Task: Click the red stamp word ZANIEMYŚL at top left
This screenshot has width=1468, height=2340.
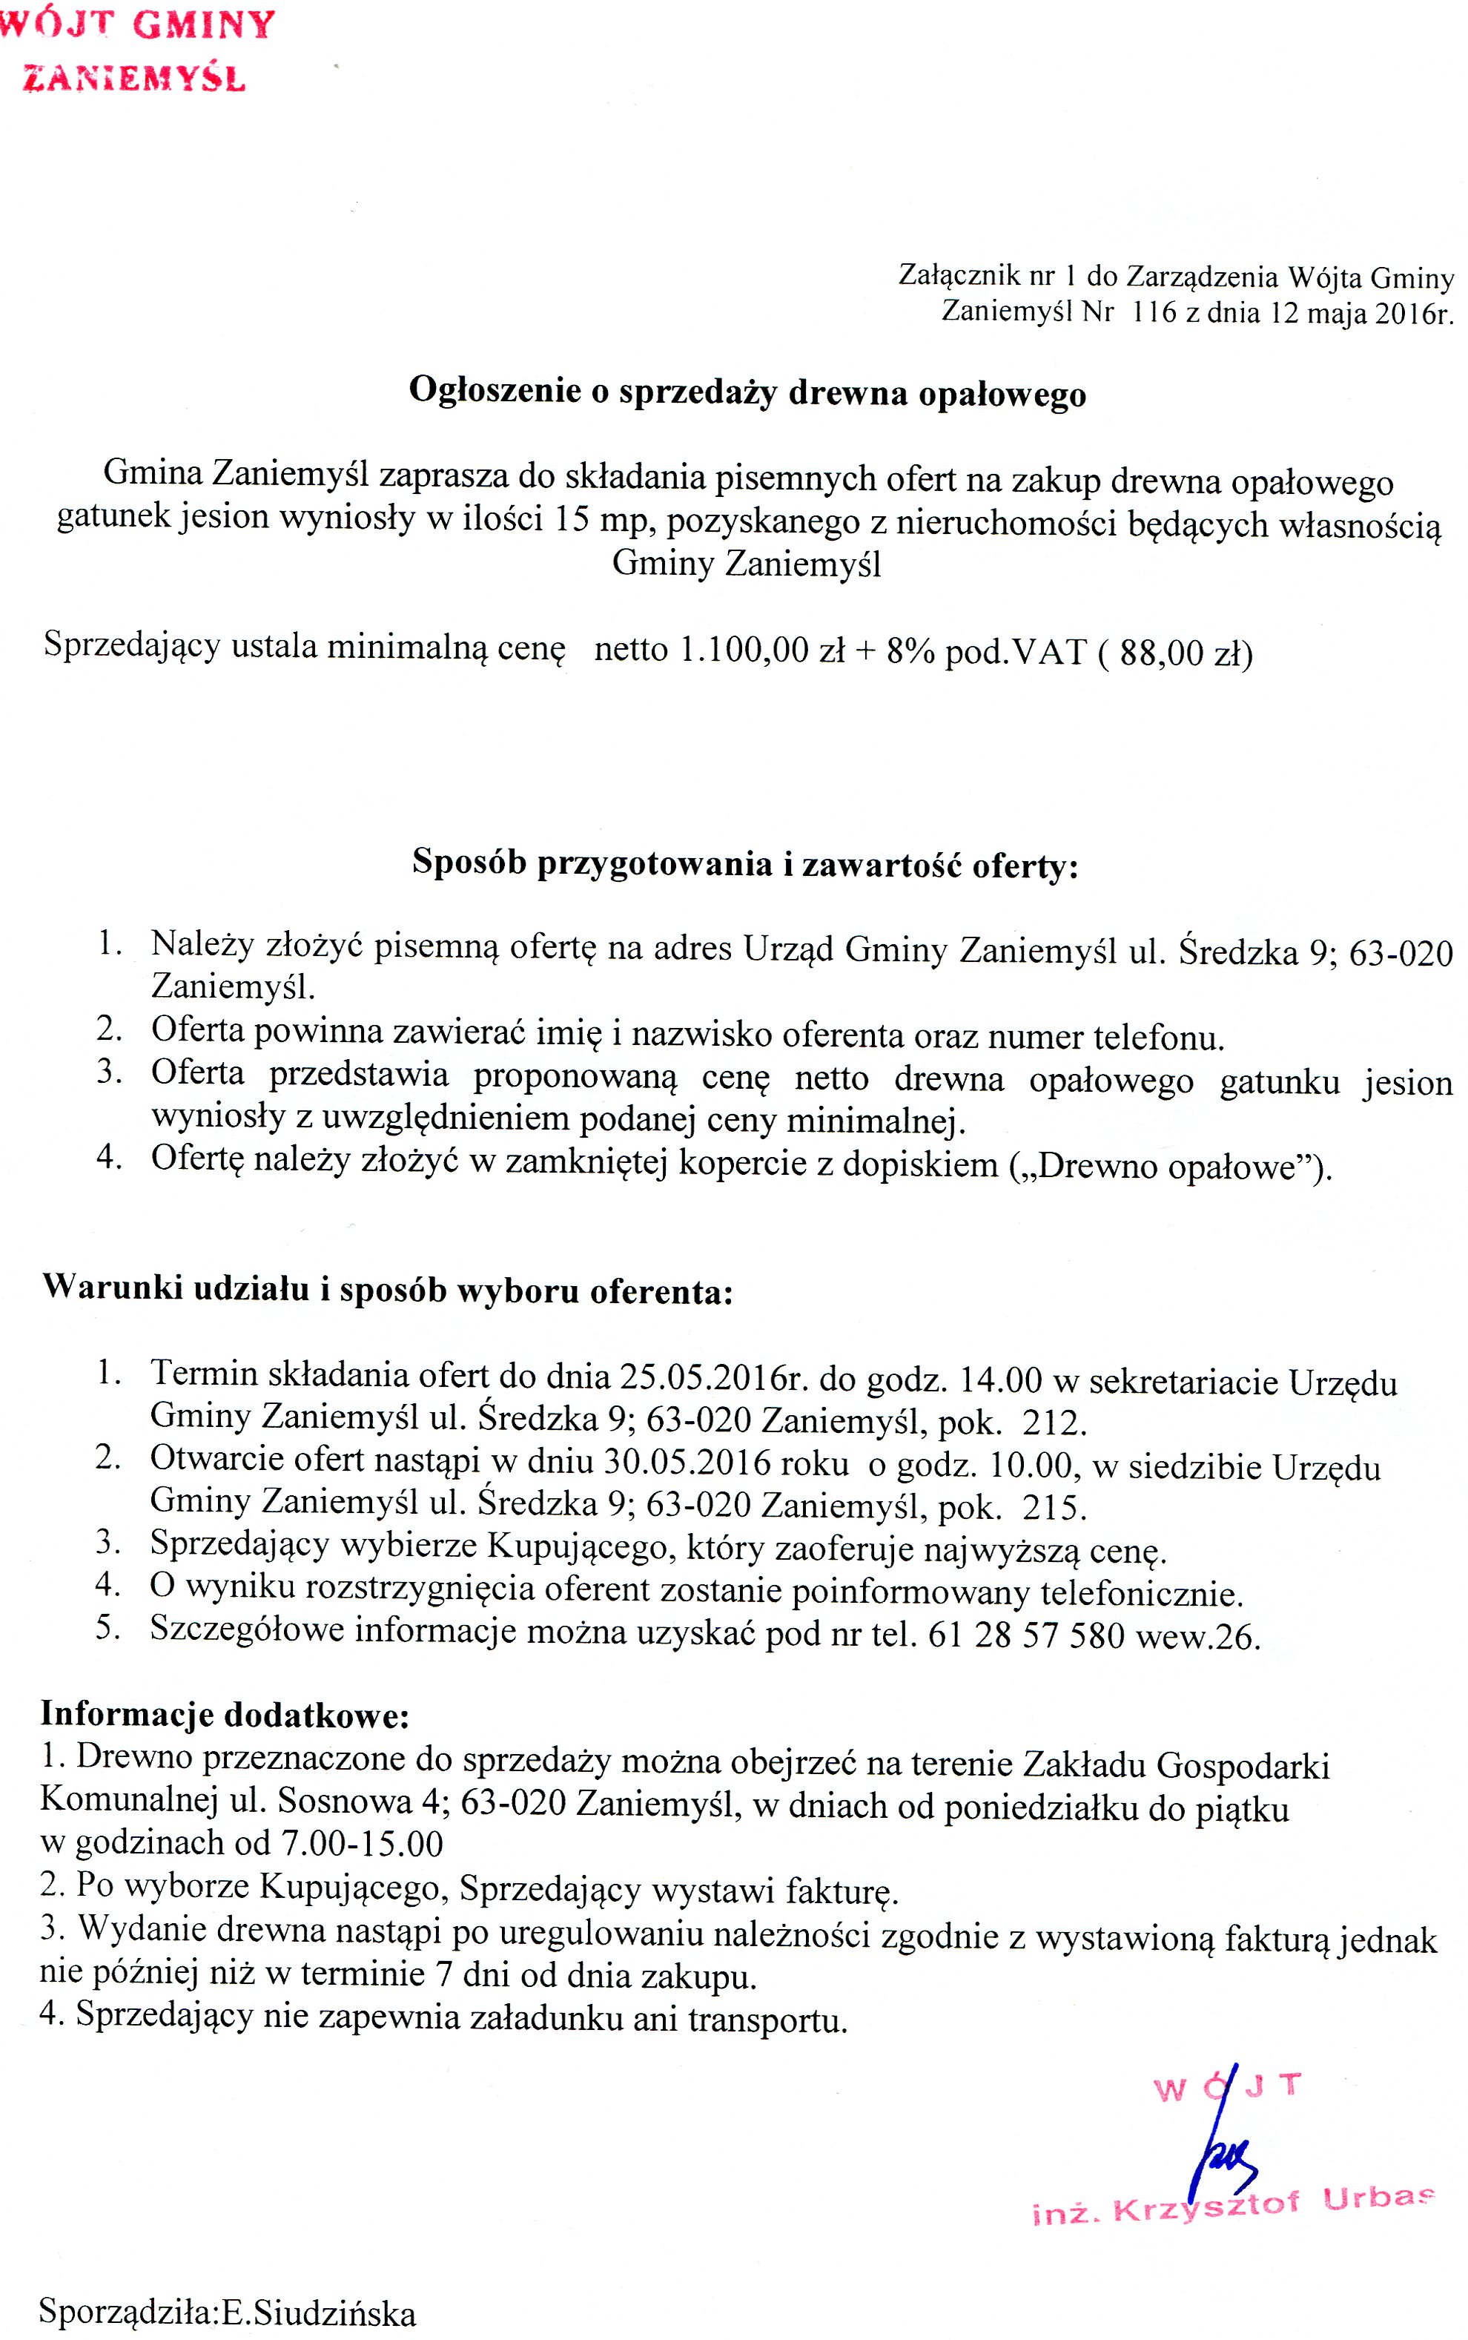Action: point(134,78)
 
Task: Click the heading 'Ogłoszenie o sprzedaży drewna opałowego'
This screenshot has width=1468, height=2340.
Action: point(747,392)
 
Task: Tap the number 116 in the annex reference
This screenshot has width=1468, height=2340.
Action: point(1154,313)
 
